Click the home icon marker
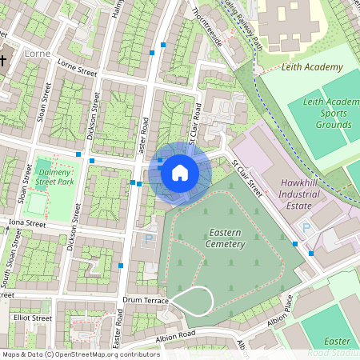pyautogui.click(x=180, y=172)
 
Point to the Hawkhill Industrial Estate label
pyautogui.click(x=300, y=194)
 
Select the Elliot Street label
pyautogui.click(x=32, y=318)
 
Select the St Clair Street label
pyautogui.click(x=247, y=178)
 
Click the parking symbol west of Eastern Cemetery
pyautogui.click(x=147, y=239)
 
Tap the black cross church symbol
pyautogui.click(x=3, y=61)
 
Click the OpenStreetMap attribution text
pyautogui.click(x=81, y=354)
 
